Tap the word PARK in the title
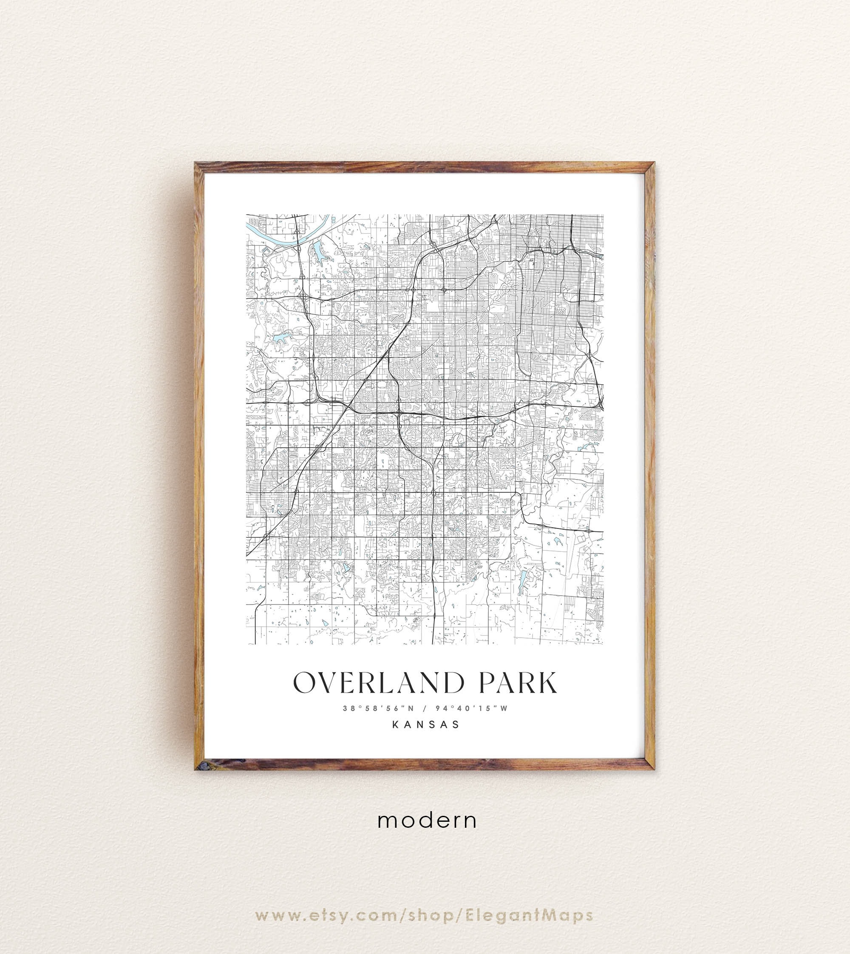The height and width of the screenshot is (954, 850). click(x=518, y=683)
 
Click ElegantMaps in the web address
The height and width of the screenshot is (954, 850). click(x=529, y=889)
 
